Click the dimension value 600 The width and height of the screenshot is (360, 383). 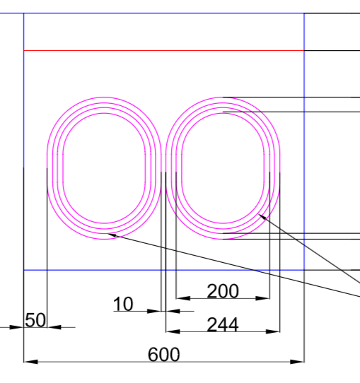click(164, 355)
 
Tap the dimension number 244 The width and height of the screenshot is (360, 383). click(223, 325)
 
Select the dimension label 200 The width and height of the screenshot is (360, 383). click(223, 291)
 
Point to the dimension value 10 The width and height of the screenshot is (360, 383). click(123, 304)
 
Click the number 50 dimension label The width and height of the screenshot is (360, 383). click(35, 320)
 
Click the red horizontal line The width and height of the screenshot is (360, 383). click(164, 51)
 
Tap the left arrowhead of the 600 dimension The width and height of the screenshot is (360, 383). click(31, 362)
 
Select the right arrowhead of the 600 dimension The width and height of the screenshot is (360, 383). click(297, 362)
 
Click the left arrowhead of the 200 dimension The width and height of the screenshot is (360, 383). click(183, 298)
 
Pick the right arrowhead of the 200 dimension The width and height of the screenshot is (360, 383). click(262, 298)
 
